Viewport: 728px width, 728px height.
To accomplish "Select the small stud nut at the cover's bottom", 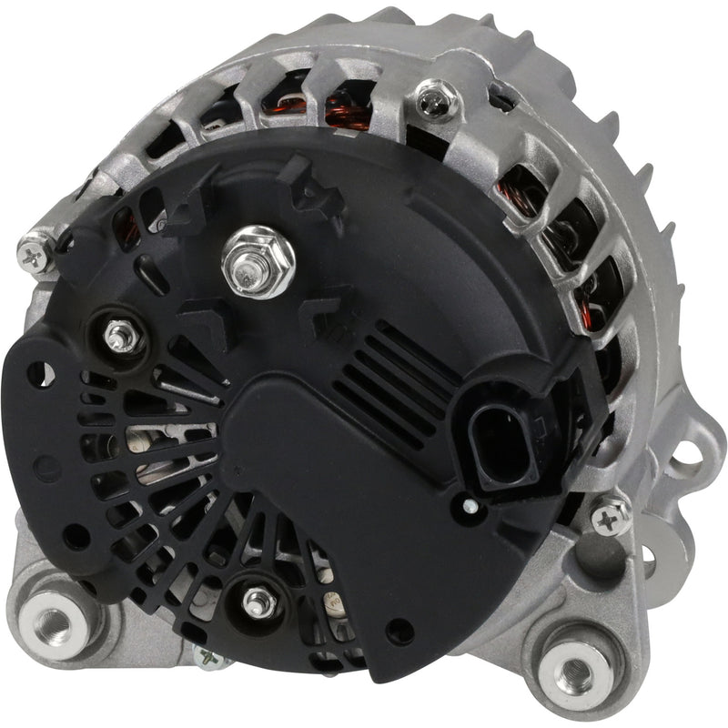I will (258, 600).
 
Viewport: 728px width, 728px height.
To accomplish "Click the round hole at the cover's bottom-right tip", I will (397, 631).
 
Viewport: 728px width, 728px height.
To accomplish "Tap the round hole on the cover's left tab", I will (41, 372).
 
